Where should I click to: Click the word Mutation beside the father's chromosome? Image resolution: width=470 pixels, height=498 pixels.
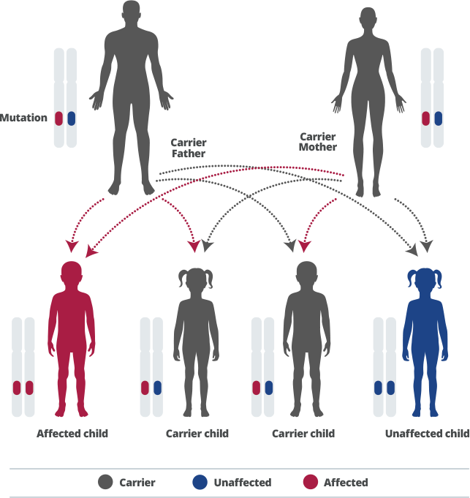23,118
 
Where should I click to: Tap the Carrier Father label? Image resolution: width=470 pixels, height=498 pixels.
189,148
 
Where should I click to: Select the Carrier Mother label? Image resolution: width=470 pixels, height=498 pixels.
318,142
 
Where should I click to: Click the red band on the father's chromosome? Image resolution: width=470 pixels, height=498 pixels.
59,118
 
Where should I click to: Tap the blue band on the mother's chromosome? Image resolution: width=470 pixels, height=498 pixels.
438,118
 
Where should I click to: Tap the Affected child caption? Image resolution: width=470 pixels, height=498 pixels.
72,434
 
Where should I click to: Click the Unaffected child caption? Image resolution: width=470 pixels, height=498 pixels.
427,434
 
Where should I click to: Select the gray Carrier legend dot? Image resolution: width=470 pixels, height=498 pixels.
107,483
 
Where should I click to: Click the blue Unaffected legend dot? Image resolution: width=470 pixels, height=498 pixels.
199,483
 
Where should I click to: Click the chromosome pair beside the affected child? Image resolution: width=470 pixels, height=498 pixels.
23,366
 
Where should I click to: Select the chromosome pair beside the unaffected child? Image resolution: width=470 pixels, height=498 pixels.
384,366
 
